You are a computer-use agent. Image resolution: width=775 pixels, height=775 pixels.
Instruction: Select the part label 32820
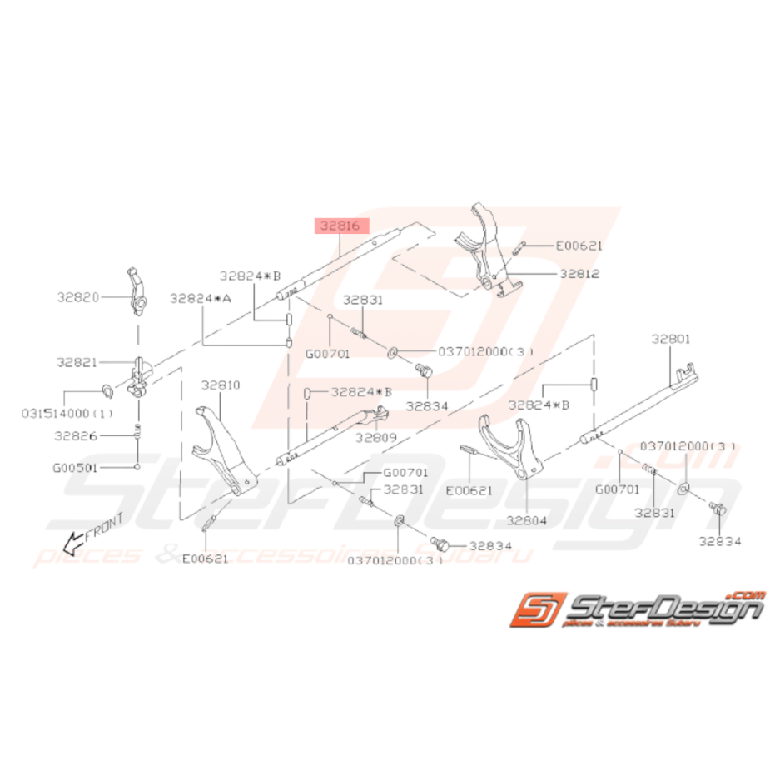tap(78, 296)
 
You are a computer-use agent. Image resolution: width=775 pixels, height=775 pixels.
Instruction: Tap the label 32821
tap(77, 363)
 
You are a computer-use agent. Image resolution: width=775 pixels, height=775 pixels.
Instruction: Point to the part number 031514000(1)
tap(56, 412)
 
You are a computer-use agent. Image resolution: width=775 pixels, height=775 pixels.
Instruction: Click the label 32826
tap(77, 435)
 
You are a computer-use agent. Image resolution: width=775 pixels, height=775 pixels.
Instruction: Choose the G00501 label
tap(77, 468)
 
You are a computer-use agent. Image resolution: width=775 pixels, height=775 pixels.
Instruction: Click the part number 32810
tap(220, 385)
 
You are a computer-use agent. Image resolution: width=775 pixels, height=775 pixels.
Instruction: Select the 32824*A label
tap(200, 297)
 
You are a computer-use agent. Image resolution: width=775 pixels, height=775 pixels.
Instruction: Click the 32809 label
tap(375, 436)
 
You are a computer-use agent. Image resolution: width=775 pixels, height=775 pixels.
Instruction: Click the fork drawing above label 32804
tap(507, 445)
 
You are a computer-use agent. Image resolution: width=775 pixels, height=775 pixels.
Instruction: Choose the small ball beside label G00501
tap(136, 468)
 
